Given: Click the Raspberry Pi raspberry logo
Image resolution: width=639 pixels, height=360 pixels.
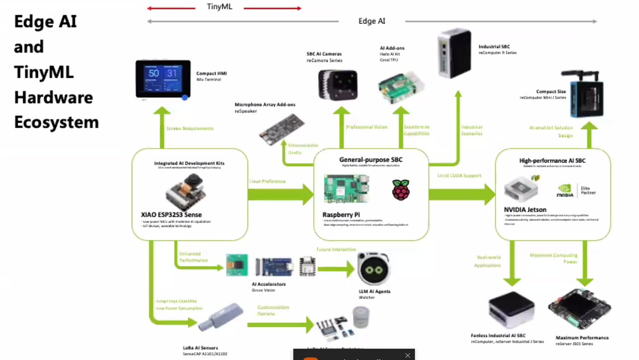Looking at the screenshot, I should (x=401, y=189).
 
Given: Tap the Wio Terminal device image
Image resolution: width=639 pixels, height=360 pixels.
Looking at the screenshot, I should (x=163, y=80).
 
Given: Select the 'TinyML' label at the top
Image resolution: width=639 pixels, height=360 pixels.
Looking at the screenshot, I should (x=219, y=7).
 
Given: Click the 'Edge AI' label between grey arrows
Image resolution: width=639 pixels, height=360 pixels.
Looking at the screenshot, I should (x=372, y=21).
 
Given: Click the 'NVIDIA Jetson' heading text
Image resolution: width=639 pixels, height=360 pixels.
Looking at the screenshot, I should (x=525, y=210).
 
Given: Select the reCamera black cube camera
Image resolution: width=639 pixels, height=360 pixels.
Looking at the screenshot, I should (x=338, y=85).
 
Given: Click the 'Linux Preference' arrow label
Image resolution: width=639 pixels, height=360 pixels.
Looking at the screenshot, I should (x=267, y=181).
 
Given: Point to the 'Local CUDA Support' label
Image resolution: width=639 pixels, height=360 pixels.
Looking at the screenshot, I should (x=459, y=175).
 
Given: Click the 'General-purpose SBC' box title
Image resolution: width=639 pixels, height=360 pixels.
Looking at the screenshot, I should (x=371, y=159).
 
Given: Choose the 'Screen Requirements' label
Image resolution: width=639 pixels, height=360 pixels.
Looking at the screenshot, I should (x=190, y=129).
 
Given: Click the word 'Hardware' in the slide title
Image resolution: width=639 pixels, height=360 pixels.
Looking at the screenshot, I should (x=53, y=97).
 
